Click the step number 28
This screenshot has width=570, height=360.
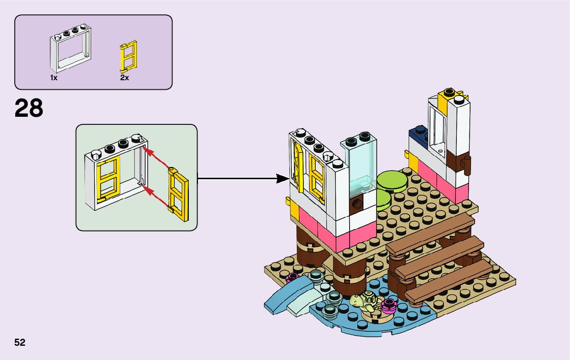[29, 108]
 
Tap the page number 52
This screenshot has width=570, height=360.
[20, 342]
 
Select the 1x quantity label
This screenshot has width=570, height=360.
[54, 78]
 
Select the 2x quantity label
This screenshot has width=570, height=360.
[124, 78]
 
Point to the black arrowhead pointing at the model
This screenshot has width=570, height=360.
[281, 178]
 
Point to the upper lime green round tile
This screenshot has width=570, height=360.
[391, 180]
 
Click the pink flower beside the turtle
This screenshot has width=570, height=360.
[389, 305]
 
